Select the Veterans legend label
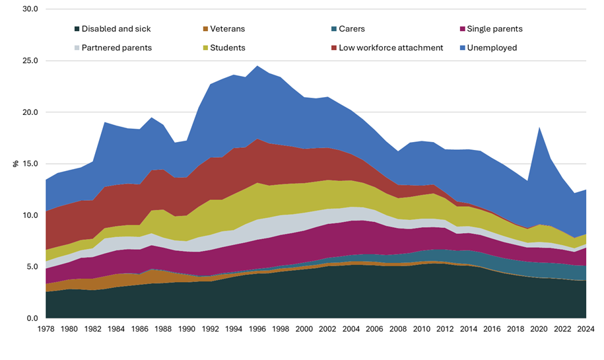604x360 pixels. pyautogui.click(x=228, y=29)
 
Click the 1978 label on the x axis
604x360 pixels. pyautogui.click(x=46, y=329)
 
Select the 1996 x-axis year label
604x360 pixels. pyautogui.click(x=257, y=329)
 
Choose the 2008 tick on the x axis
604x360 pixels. pyautogui.click(x=398, y=329)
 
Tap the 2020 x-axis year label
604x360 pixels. pyautogui.click(x=539, y=329)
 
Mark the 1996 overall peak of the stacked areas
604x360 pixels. pyautogui.click(x=257, y=65)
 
